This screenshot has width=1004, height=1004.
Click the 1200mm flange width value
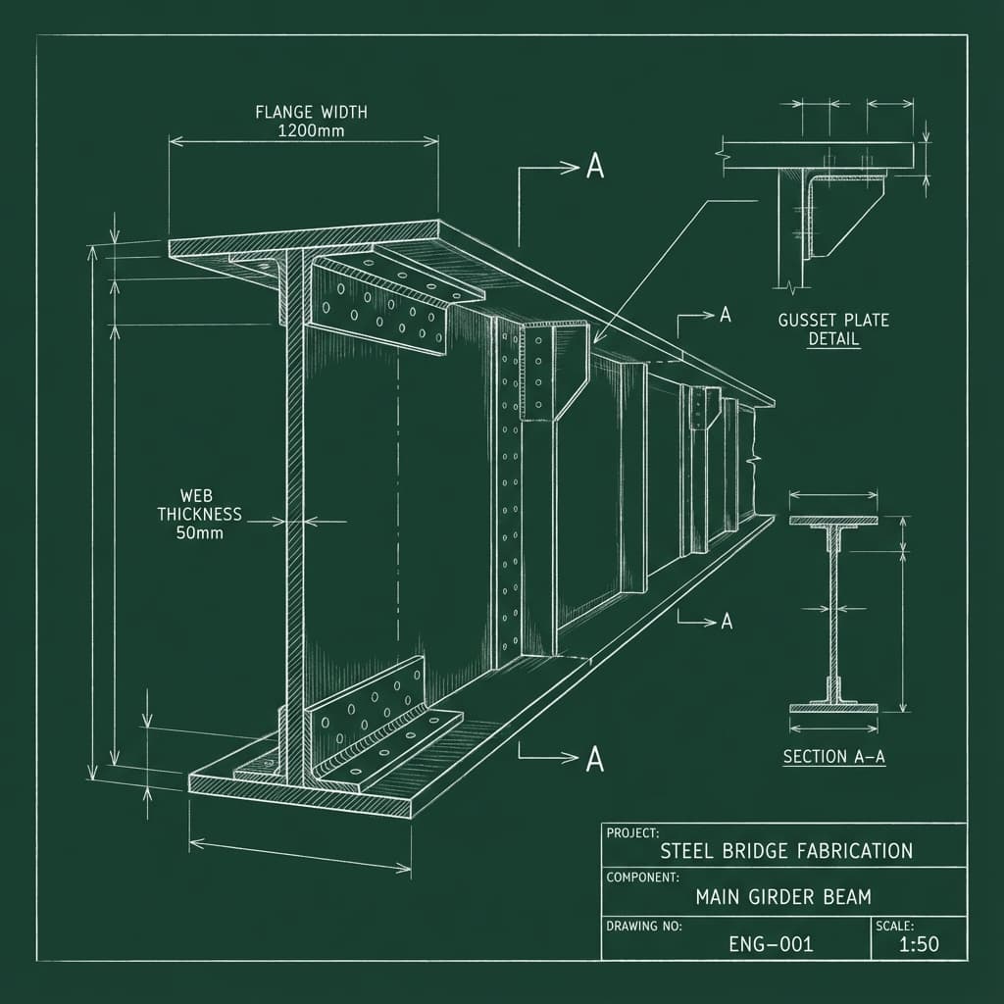311,130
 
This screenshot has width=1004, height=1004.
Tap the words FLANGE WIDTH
311,112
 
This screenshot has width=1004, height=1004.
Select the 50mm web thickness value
199,533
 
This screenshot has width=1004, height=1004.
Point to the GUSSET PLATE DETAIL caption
833,329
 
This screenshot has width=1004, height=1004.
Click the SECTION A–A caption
834,756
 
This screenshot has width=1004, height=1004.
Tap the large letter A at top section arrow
594,167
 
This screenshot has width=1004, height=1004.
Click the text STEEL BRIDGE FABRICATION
786,850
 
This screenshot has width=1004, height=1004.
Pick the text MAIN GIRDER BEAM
782,896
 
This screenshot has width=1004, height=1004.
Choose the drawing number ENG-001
771,944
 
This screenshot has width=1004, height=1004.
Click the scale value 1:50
919,944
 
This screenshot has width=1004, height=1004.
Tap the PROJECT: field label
632,832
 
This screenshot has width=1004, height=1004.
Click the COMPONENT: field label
642,878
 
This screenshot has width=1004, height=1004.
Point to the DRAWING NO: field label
644,925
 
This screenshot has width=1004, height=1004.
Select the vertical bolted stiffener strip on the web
507,490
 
